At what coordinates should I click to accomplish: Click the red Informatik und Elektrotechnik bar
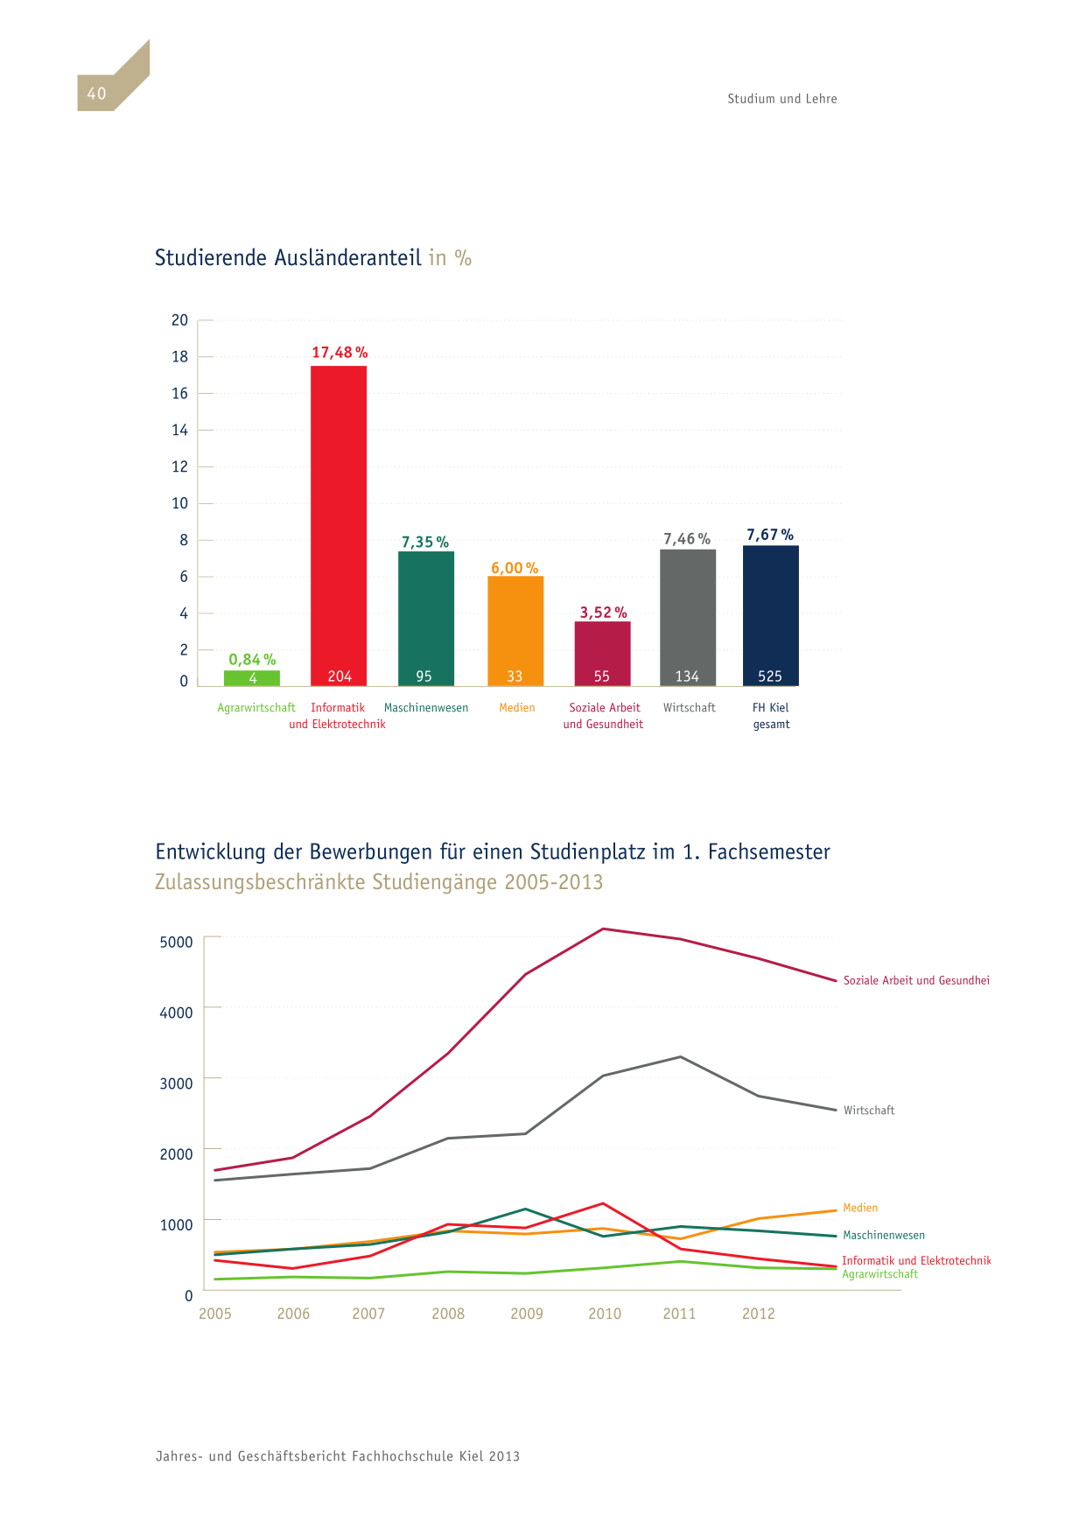pyautogui.click(x=339, y=525)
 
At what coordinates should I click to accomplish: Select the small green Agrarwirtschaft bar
pyautogui.click(x=252, y=678)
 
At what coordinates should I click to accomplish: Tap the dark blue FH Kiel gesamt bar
pyautogui.click(x=771, y=615)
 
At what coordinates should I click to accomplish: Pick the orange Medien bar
pyautogui.click(x=515, y=631)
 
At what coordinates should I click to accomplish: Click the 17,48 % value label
pyautogui.click(x=340, y=353)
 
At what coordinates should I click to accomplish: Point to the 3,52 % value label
pyautogui.click(x=603, y=613)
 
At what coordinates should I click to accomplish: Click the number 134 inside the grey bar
pyautogui.click(x=687, y=676)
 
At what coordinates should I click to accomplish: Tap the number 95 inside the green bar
pyautogui.click(x=424, y=676)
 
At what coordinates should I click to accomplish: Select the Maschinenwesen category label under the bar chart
pyautogui.click(x=426, y=708)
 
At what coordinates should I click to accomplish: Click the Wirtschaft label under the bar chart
pyautogui.click(x=690, y=708)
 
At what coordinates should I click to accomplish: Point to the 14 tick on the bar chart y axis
pyautogui.click(x=179, y=430)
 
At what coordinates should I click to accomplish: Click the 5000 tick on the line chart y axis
pyautogui.click(x=176, y=943)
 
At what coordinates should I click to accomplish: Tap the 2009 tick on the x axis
pyautogui.click(x=527, y=1314)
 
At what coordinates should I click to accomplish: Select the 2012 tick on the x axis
pyautogui.click(x=759, y=1314)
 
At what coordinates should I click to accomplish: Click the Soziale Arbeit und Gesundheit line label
pyautogui.click(x=916, y=981)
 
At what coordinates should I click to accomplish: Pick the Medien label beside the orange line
pyautogui.click(x=860, y=1208)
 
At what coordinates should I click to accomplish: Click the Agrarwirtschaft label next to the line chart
pyautogui.click(x=880, y=1274)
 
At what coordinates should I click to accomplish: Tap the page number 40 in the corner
pyautogui.click(x=96, y=94)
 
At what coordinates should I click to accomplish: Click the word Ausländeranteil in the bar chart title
pyautogui.click(x=347, y=258)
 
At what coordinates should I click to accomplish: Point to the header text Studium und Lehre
pyautogui.click(x=782, y=99)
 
